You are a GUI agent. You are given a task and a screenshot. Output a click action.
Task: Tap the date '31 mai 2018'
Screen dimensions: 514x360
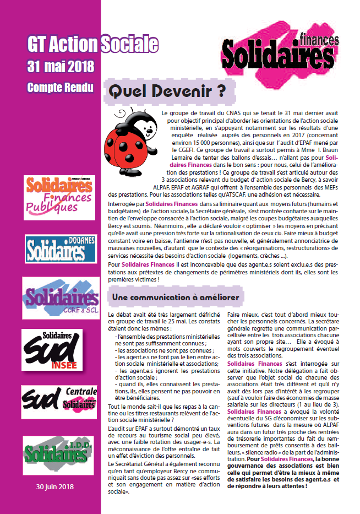point(61,67)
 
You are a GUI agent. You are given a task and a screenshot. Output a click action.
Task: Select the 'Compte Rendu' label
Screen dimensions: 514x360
point(60,88)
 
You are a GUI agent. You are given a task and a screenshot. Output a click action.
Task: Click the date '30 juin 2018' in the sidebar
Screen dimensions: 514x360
point(55,487)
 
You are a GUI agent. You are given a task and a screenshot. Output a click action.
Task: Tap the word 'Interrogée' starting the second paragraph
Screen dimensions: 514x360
point(122,204)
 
